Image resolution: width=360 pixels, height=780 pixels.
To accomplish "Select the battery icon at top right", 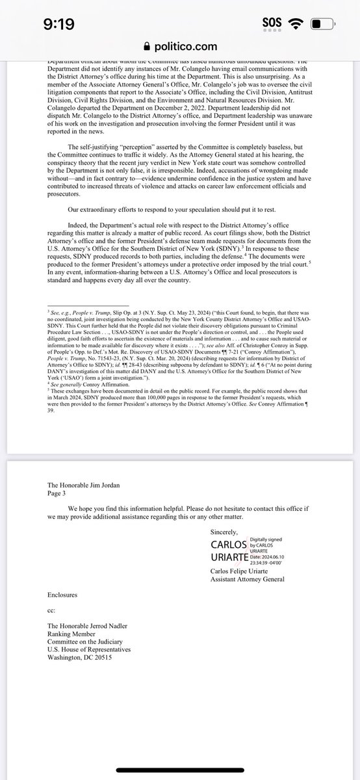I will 324,25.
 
